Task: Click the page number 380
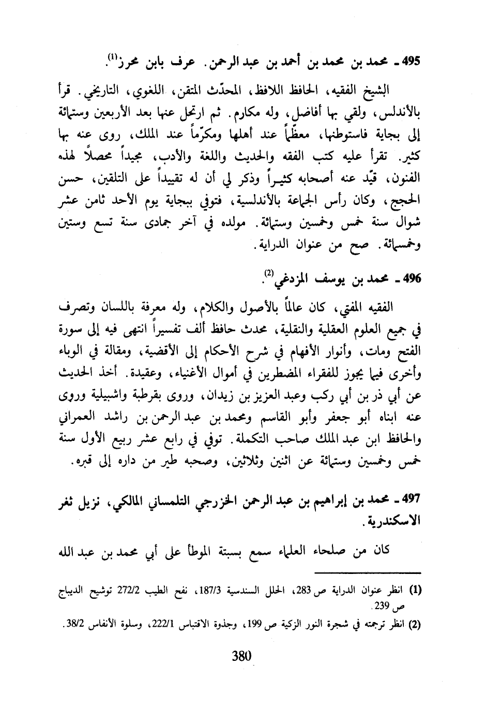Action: coord(241,656)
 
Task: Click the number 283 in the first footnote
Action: coord(321,590)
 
